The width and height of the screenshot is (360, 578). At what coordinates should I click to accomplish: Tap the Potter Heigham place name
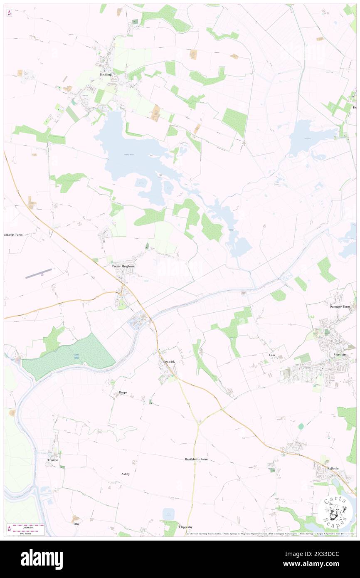tap(123, 266)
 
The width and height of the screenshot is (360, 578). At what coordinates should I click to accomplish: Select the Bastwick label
tap(169, 362)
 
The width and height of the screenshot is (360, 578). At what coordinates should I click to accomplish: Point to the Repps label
tap(123, 392)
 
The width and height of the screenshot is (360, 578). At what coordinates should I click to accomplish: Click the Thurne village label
tap(53, 460)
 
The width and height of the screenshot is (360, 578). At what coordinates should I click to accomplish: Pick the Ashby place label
tap(126, 474)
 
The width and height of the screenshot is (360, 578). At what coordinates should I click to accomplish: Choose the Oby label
tap(76, 524)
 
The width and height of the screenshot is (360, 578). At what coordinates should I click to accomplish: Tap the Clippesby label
tap(185, 527)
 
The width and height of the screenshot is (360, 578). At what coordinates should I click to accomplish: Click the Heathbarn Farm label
tap(196, 459)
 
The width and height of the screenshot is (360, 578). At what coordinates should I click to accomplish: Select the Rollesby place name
tap(333, 469)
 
